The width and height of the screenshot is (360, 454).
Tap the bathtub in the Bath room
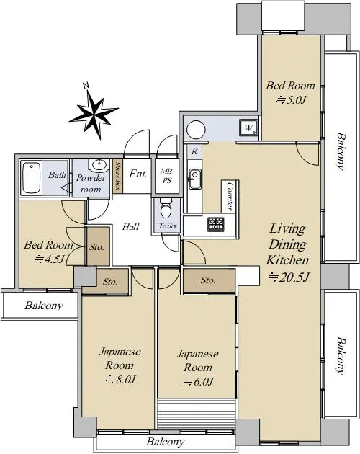coord(31,178)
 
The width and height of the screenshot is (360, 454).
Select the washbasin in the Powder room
coord(100,165)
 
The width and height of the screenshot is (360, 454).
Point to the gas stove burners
coord(216,224)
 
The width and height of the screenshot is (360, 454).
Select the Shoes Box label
coord(117,177)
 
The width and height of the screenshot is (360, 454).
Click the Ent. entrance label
coord(138,174)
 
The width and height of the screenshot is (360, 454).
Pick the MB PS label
coord(167,176)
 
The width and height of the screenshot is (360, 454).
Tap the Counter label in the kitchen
coord(230,196)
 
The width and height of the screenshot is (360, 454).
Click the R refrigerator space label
coord(194,151)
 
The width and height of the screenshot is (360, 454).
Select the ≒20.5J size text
coord(289,277)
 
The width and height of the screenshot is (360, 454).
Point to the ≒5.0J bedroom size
coord(291,100)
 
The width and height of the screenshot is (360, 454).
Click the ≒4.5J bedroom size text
coord(49,259)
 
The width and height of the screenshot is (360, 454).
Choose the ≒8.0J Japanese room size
coord(121,379)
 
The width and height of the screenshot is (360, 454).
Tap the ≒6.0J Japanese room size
coord(199,381)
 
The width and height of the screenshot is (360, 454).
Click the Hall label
coord(130,226)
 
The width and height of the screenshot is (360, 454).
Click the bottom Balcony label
coord(166,442)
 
